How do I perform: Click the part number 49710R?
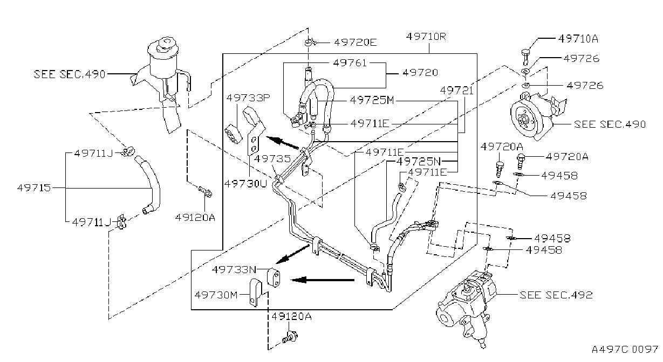426,37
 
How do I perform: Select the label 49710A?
578,39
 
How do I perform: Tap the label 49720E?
355,43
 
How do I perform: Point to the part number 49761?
350,63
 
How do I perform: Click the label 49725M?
372,101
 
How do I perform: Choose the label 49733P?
248,98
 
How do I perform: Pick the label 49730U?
245,184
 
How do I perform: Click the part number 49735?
272,159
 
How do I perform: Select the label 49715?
34,187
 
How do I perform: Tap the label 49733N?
234,269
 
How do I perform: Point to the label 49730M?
216,295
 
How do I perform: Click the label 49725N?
419,162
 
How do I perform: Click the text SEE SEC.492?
556,295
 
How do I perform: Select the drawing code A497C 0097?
625,350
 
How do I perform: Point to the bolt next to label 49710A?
525,57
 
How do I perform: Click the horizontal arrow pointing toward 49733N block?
323,280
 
